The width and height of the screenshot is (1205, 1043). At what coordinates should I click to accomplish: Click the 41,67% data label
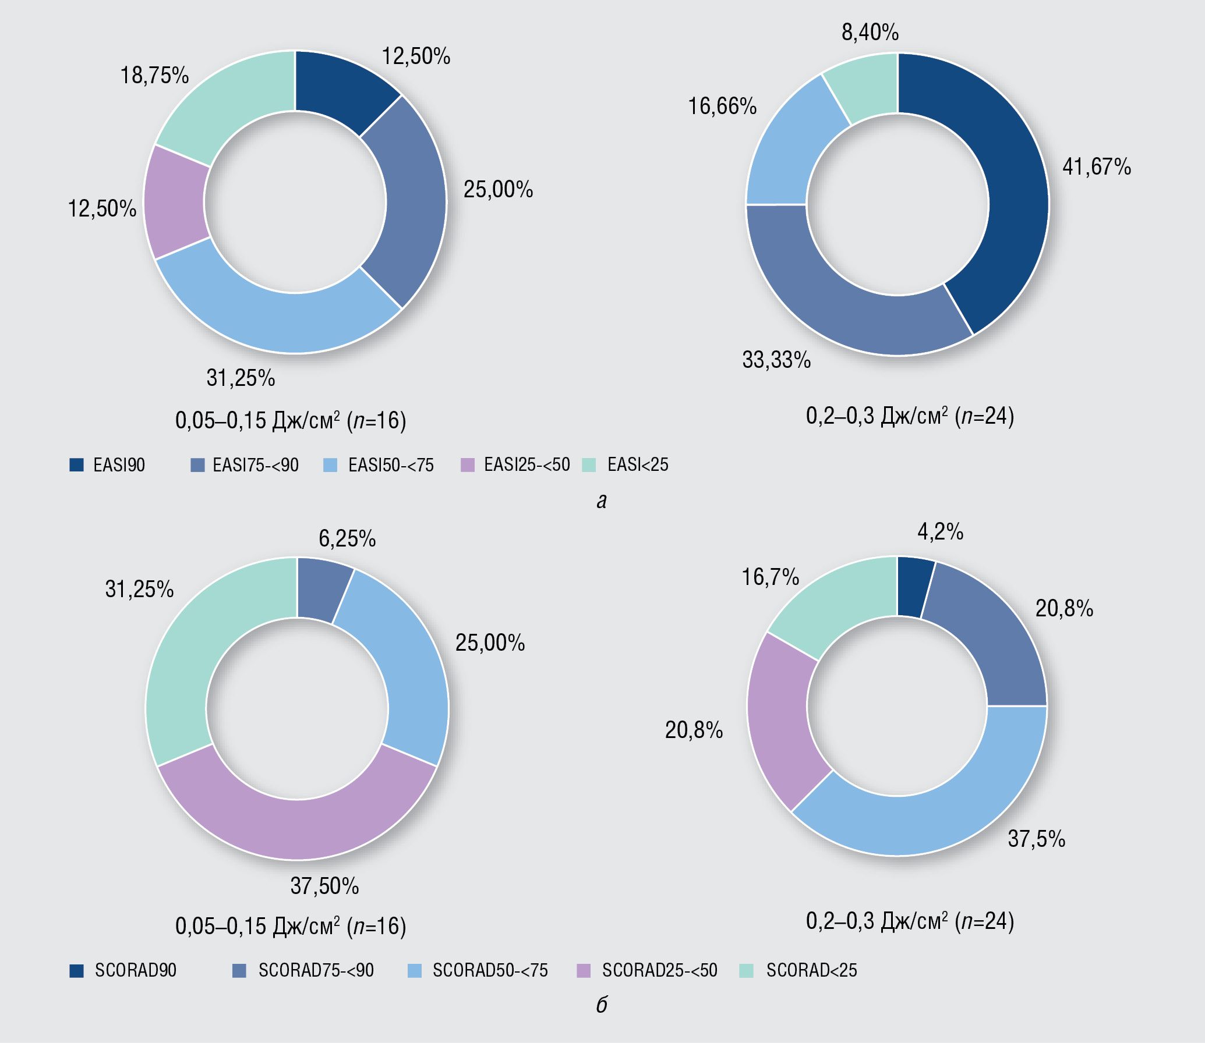pyautogui.click(x=1097, y=167)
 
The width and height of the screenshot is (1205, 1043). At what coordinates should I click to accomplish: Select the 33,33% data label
pyautogui.click(x=776, y=360)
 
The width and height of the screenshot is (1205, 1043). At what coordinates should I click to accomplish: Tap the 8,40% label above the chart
pyautogui.click(x=870, y=33)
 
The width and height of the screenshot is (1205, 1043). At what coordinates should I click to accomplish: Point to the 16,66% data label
pyautogui.click(x=722, y=107)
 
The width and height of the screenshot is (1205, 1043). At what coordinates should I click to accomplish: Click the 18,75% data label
pyautogui.click(x=154, y=76)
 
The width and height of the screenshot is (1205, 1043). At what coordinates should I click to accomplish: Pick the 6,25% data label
pyautogui.click(x=347, y=539)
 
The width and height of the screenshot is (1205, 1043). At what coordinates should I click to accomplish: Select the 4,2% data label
pyautogui.click(x=940, y=531)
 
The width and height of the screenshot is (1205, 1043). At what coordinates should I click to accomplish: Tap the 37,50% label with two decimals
pyautogui.click(x=324, y=886)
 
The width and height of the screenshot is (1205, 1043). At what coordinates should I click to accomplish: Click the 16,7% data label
pyautogui.click(x=770, y=577)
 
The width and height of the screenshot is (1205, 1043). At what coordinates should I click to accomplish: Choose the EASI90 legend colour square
pyautogui.click(x=76, y=464)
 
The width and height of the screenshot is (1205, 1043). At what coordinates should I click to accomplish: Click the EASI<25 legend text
pyautogui.click(x=638, y=465)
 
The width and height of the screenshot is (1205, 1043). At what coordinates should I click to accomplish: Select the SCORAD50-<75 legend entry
pyautogui.click(x=490, y=970)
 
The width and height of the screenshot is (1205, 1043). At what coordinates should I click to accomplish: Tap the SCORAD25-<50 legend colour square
pyautogui.click(x=583, y=970)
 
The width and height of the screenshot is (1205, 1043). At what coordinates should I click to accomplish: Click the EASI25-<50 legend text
pyautogui.click(x=527, y=465)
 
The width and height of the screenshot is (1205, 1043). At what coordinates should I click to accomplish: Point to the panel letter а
pyautogui.click(x=602, y=501)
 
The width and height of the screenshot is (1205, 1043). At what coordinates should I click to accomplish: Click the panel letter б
pyautogui.click(x=602, y=1005)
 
